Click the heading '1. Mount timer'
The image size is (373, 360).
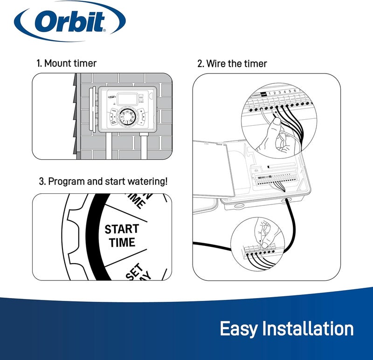coord(67,63)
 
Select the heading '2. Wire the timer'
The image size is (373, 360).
coord(232,63)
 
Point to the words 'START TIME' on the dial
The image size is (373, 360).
coord(122,236)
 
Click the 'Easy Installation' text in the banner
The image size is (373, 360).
coord(286,329)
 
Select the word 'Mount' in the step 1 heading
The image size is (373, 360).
coord(58,63)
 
